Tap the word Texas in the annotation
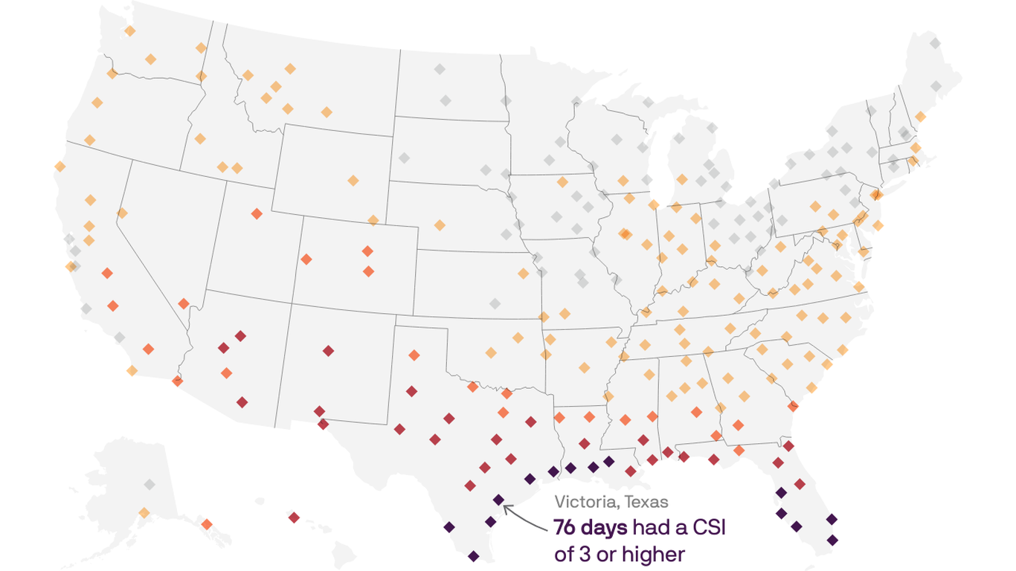coord(647,503)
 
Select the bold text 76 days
coord(591,528)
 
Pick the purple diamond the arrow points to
coord(498,500)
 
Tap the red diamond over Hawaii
coord(294,517)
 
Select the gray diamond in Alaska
coord(149,485)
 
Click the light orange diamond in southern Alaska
coord(144,513)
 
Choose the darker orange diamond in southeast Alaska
coord(207,524)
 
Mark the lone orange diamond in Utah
coord(257,214)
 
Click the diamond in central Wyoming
coord(353,180)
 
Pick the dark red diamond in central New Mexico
coord(328,350)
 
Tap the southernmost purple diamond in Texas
coord(474,555)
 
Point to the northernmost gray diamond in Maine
coord(935,44)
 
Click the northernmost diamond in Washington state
coord(130,30)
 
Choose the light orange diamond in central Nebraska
coord(440,225)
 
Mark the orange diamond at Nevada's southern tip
coord(184,303)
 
